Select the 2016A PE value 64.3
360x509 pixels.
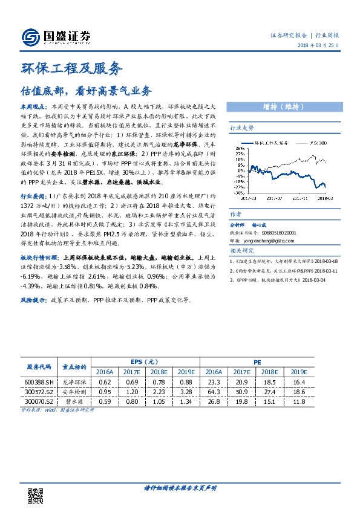click(212, 392)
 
